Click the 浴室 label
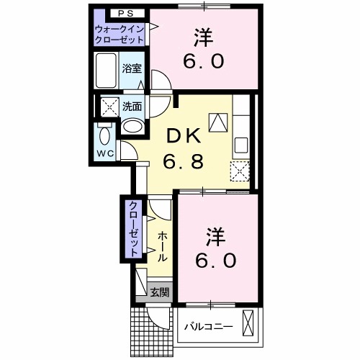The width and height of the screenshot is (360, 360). click(131, 69)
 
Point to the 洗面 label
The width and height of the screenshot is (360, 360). click(131, 107)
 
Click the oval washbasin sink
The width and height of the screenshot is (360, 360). click(132, 126)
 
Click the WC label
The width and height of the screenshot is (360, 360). click(105, 153)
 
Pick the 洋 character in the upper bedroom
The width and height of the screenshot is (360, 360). click(203, 35)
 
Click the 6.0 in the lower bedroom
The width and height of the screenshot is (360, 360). click(214, 260)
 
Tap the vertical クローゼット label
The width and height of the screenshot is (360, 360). click(133, 229)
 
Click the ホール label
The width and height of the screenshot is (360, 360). click(162, 247)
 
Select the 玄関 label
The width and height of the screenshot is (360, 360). click(160, 292)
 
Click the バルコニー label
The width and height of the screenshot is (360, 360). click(208, 326)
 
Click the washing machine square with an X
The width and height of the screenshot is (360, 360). click(112, 107)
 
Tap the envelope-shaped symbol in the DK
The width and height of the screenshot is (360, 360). click(217, 122)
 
